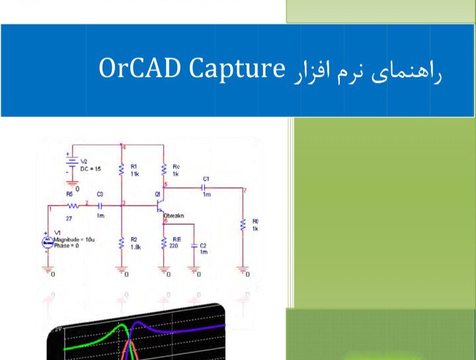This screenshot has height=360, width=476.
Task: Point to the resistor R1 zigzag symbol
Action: tap(121, 170)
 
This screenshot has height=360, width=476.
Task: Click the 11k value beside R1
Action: tap(136, 173)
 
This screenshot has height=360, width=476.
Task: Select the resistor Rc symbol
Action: tap(163, 170)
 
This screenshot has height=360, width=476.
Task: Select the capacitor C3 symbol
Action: tap(100, 206)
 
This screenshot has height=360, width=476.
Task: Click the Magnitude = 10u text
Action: tap(73, 239)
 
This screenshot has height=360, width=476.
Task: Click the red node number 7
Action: tap(244, 191)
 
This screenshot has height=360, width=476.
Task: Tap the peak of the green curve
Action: tap(120, 325)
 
